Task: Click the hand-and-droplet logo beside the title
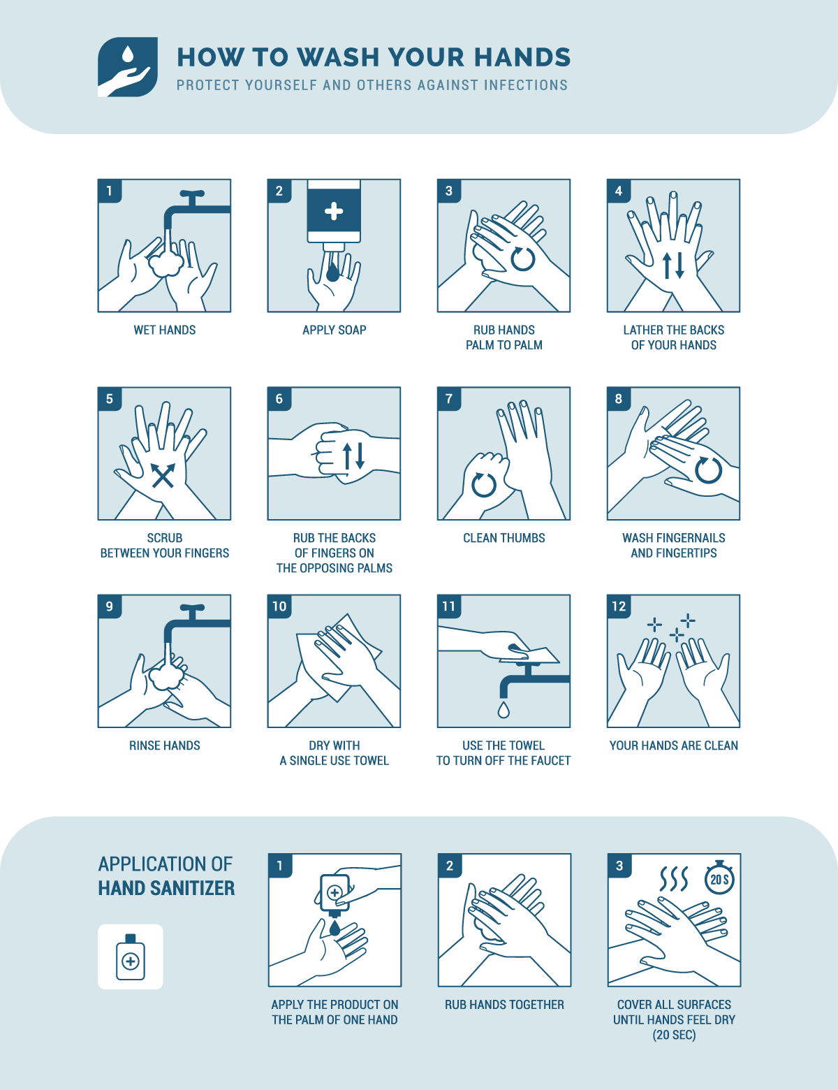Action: pos(127,67)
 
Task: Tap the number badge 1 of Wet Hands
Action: pos(110,191)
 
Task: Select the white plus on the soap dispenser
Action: pos(334,211)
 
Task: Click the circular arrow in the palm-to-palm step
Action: pos(522,259)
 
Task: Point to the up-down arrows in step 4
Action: pos(673,266)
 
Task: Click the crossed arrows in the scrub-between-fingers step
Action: pos(163,476)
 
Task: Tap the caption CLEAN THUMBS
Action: pos(503,538)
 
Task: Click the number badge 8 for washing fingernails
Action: pos(619,399)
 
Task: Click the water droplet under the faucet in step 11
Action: pos(503,710)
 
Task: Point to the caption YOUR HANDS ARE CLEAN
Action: pos(673,746)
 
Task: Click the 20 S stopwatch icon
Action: pos(719,878)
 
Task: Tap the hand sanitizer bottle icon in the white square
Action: pos(130,957)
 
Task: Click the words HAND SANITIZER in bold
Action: pos(166,888)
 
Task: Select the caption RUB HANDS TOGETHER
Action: pos(504,1005)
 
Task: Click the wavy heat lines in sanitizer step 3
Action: pos(674,879)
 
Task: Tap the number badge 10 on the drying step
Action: pos(279,606)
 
